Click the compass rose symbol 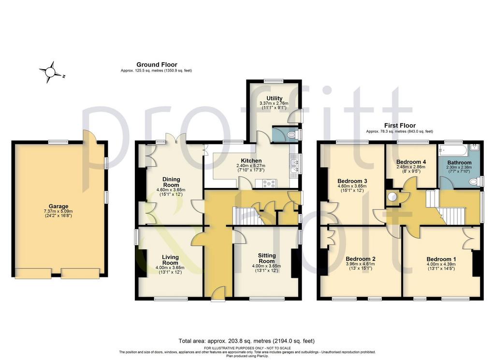(x=50, y=72)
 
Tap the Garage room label (x=58, y=206)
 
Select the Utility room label (x=275, y=98)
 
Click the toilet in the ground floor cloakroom (x=292, y=135)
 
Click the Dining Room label (x=171, y=182)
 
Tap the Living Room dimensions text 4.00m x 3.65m (x=170, y=268)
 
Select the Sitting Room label (x=267, y=258)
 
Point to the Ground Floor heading (x=157, y=65)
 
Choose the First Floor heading (x=400, y=125)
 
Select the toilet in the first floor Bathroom (x=475, y=182)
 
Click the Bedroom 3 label (x=352, y=181)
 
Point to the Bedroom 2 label (x=361, y=259)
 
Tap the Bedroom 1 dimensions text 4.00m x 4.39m (x=441, y=264)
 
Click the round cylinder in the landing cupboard (x=392, y=197)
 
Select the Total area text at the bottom (x=247, y=341)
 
